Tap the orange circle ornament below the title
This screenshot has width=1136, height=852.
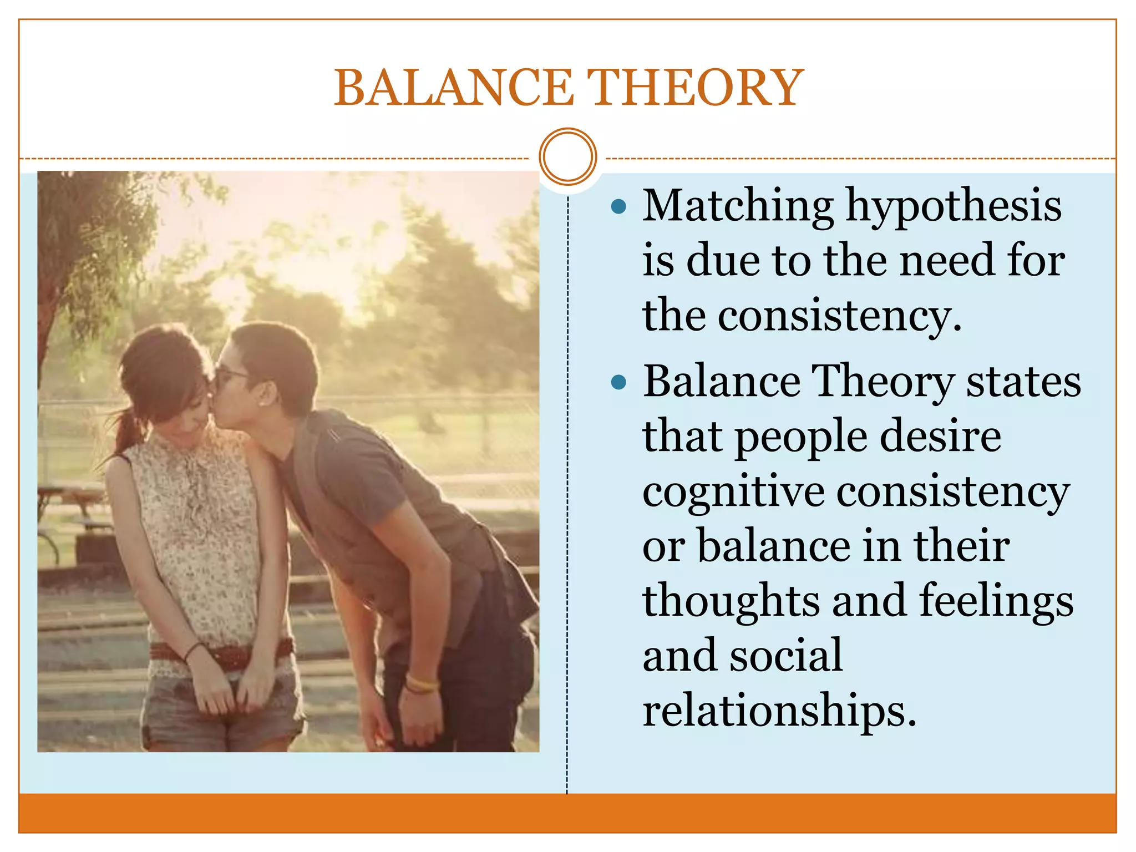(567, 157)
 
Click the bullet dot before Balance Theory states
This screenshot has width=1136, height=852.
(618, 382)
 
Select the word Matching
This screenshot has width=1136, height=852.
(738, 206)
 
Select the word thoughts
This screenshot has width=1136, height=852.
(731, 601)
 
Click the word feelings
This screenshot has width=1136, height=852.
(996, 601)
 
